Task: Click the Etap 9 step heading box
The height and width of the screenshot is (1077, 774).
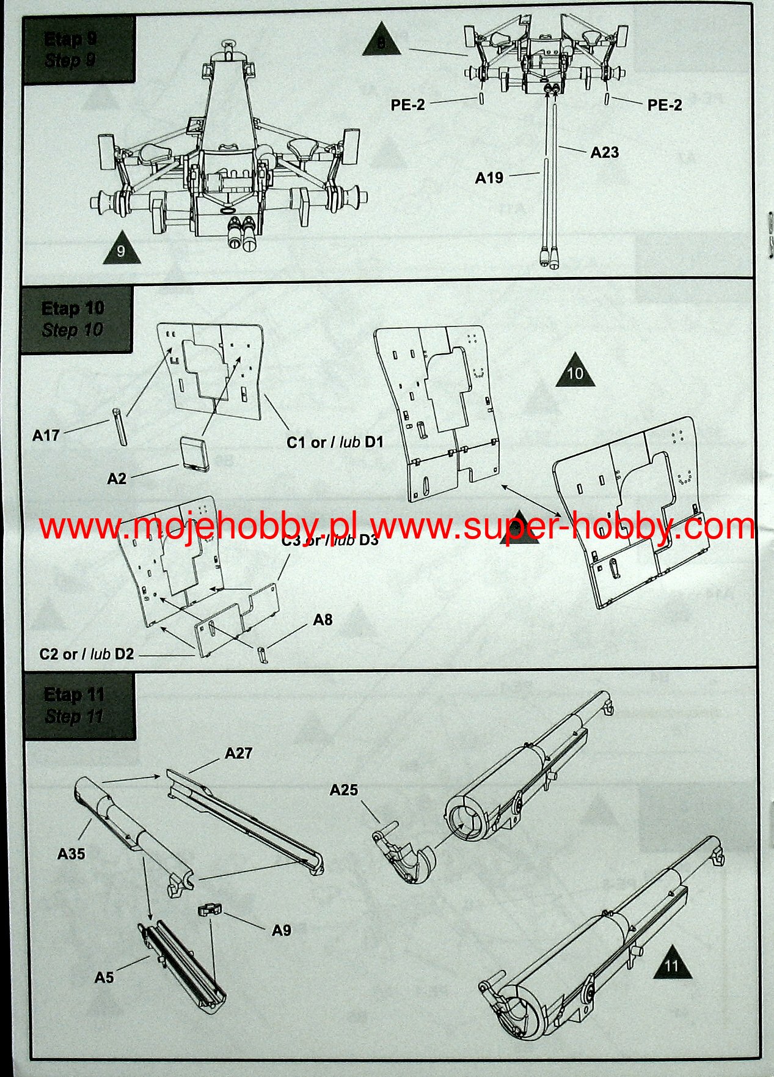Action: [78, 50]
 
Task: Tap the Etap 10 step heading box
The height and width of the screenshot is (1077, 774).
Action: [76, 319]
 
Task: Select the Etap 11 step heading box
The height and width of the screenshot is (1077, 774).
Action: [79, 705]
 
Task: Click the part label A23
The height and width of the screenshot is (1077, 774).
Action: [604, 152]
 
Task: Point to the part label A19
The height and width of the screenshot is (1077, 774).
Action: [489, 178]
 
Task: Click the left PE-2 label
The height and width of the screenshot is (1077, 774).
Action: [407, 105]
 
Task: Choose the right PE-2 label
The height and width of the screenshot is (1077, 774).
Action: [665, 105]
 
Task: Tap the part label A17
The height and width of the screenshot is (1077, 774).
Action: [46, 435]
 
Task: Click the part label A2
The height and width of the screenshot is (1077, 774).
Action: [117, 479]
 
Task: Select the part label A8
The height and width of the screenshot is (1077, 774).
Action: [323, 620]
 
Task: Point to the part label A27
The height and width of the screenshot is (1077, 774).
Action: [238, 753]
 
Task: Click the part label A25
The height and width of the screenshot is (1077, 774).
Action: [343, 790]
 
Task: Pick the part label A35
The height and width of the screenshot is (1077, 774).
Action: [71, 854]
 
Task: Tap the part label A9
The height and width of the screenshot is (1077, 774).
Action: [281, 930]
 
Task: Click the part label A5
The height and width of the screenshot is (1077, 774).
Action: [104, 977]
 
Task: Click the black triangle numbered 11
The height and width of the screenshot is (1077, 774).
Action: [672, 965]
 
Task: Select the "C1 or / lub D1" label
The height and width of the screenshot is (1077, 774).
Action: [335, 442]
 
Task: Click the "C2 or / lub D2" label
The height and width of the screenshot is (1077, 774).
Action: [86, 654]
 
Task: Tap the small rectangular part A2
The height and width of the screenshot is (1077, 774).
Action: [195, 452]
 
